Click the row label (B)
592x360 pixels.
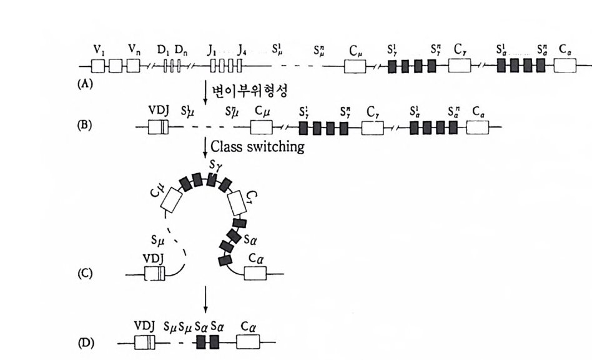tap(85, 124)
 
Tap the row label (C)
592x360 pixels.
tap(86, 273)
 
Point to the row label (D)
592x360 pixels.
tap(87, 342)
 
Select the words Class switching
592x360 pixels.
tap(257, 147)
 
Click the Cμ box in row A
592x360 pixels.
tap(353, 66)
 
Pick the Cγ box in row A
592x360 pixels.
tap(459, 66)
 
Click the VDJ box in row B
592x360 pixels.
tap(157, 127)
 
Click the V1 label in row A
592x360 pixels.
tap(99, 47)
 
